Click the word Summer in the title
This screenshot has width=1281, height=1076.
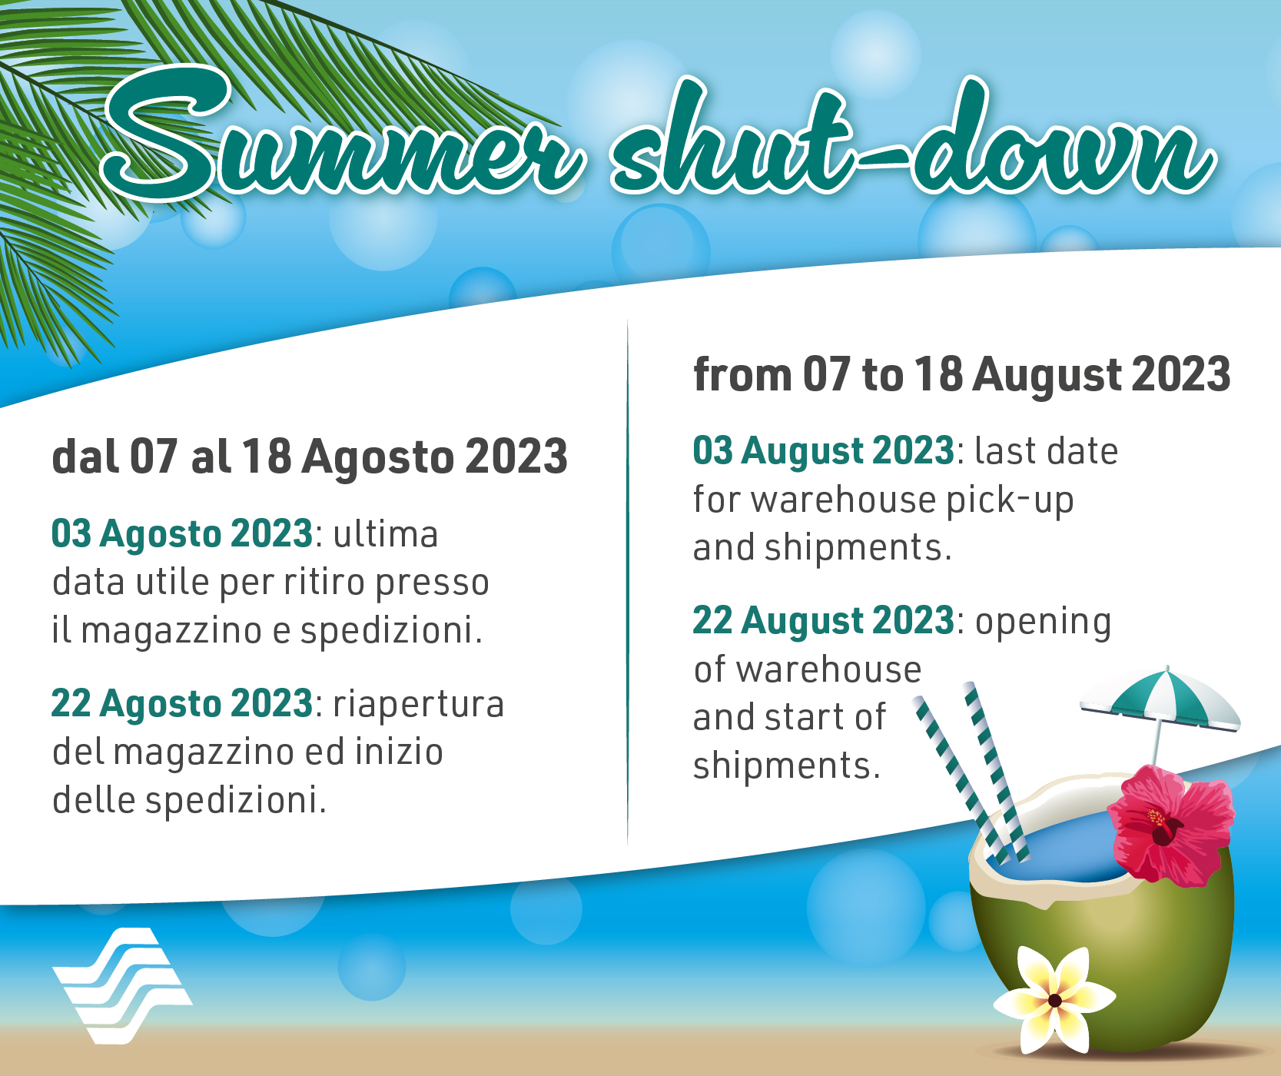coord(342,134)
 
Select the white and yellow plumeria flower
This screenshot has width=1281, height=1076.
coord(1054,1000)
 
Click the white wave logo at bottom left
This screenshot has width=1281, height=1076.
coord(122,986)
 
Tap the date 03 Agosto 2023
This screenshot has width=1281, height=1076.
coord(182,534)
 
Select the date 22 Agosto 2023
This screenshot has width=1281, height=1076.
coord(182,704)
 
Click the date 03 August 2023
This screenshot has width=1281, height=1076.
coord(823,450)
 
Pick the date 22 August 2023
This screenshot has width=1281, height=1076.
coord(823,620)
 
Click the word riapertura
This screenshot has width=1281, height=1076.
coord(419,705)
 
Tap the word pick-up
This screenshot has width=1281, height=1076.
coord(1010,500)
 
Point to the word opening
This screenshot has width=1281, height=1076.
coord(1043,623)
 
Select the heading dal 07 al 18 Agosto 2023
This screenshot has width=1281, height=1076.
coord(310,457)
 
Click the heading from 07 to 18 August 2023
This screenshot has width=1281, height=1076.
coord(962,374)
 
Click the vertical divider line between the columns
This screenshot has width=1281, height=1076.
coord(628,582)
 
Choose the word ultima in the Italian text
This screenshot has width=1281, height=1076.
coord(386,534)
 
